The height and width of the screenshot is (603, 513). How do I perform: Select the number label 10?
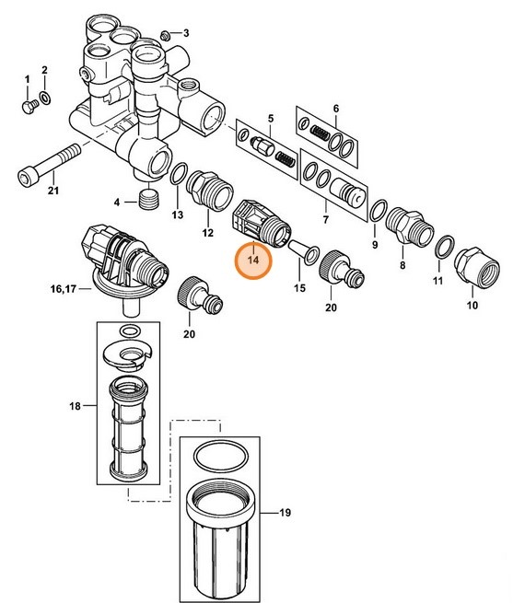[473, 304]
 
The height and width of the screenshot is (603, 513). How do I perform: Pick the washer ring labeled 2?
[45, 99]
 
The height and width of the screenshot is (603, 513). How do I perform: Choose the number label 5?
[271, 118]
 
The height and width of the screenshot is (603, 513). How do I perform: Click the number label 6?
[336, 107]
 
